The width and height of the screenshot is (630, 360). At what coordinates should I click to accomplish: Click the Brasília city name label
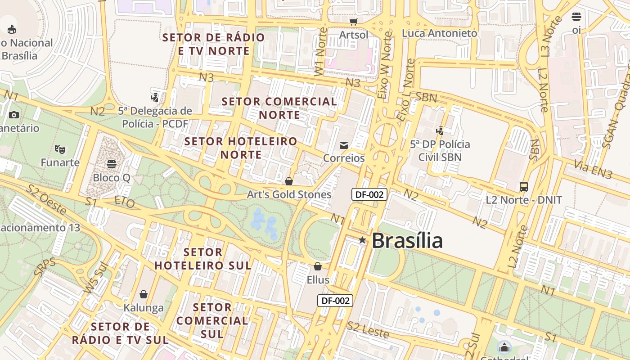click(407, 240)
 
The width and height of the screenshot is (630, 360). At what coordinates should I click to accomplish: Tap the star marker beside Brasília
click(362, 240)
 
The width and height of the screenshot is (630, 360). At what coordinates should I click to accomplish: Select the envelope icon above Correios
click(344, 145)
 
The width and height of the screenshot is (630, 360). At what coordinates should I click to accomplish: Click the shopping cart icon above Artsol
click(354, 21)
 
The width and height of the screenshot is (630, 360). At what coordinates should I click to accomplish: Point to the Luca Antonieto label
click(439, 33)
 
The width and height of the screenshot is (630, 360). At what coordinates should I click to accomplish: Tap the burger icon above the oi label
click(576, 17)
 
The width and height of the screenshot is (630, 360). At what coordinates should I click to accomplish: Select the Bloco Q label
click(112, 178)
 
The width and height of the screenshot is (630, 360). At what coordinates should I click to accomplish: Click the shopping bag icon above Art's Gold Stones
click(289, 181)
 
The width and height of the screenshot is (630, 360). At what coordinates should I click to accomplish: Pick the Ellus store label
click(318, 280)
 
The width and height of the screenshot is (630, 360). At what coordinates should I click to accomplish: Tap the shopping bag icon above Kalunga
click(144, 294)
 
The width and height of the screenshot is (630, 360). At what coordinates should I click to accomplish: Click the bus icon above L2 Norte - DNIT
click(524, 186)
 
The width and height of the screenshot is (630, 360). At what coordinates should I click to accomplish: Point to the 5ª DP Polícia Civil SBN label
click(440, 151)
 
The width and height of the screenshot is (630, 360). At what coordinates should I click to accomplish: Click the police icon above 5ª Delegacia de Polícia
click(155, 97)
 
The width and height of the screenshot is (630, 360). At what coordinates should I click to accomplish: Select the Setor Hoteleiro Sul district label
click(203, 259)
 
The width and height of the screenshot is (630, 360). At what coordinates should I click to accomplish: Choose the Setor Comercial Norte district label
click(279, 108)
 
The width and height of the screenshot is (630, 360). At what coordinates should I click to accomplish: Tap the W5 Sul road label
click(96, 278)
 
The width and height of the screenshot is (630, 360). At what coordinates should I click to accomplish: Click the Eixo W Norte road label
click(385, 65)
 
